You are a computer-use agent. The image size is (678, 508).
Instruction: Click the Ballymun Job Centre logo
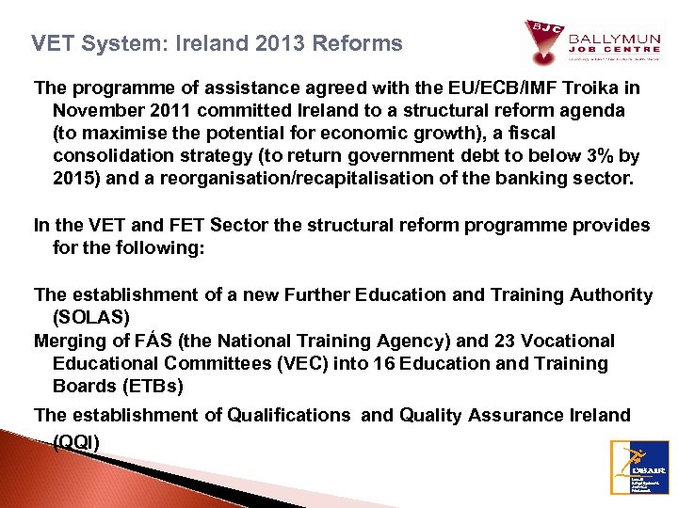tap(592, 42)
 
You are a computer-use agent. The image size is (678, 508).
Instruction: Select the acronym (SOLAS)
tap(92, 317)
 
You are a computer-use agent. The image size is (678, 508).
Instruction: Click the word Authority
tap(610, 294)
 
